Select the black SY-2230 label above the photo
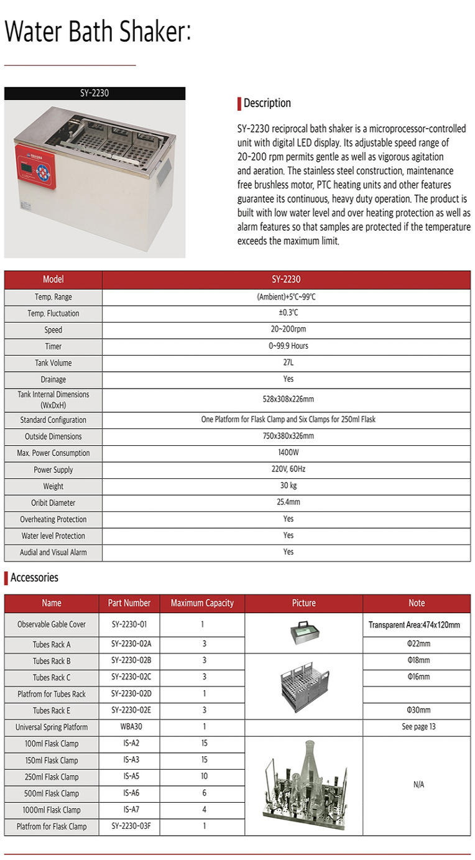pyautogui.click(x=95, y=93)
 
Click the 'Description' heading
pyautogui.click(x=267, y=103)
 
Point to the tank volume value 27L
pyautogui.click(x=288, y=363)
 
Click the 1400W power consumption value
pyautogui.click(x=288, y=453)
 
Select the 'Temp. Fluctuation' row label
pyautogui.click(x=53, y=313)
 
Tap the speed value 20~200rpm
pyautogui.click(x=288, y=330)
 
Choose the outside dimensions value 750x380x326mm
pyautogui.click(x=288, y=436)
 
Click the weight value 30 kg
pyautogui.click(x=288, y=486)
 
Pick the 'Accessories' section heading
pyautogui.click(x=34, y=578)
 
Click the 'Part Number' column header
pyautogui.click(x=129, y=603)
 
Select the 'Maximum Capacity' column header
pyautogui.click(x=202, y=603)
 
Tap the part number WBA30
pyautogui.click(x=129, y=726)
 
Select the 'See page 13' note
pyautogui.click(x=418, y=726)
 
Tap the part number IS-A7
pyautogui.click(x=129, y=810)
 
